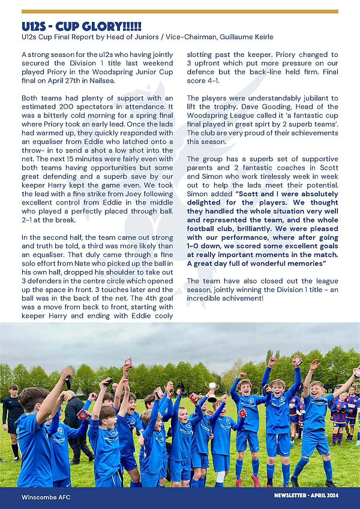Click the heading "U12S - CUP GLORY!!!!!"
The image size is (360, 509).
(82, 27)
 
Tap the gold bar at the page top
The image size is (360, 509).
(179, 11)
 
